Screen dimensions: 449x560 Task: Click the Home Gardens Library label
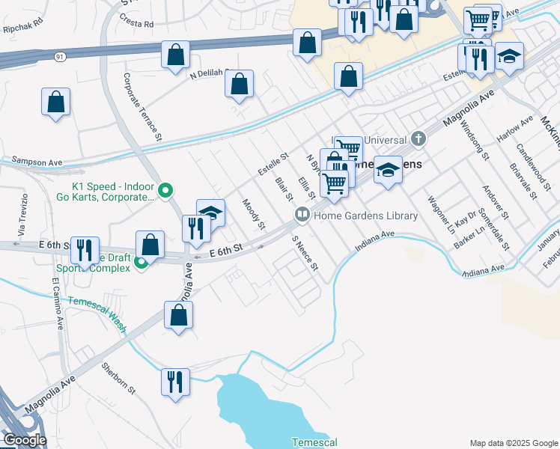[365, 216]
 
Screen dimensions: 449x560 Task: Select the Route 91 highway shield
[59, 56]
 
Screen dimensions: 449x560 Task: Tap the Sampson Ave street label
[36, 161]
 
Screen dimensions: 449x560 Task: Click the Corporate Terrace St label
[143, 106]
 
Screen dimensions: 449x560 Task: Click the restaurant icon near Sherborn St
[175, 382]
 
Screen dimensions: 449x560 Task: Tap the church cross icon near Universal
[419, 138]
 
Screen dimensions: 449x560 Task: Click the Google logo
[24, 440]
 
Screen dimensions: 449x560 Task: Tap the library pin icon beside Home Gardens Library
[302, 215]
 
